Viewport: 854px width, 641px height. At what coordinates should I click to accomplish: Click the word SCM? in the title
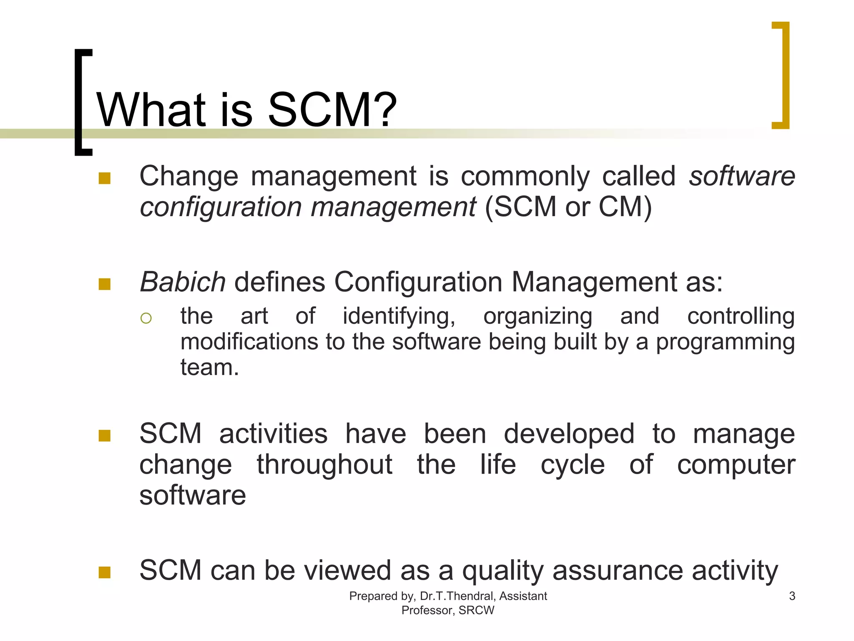click(332, 110)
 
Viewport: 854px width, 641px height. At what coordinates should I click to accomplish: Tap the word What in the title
click(151, 110)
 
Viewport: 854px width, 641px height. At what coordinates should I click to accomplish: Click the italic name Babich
click(183, 282)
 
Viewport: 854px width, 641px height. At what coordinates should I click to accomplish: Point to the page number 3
click(792, 596)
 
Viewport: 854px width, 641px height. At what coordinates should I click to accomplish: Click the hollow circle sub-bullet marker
click(146, 318)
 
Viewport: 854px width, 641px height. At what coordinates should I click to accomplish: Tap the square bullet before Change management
click(104, 179)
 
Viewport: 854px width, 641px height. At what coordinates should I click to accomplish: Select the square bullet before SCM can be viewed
click(104, 572)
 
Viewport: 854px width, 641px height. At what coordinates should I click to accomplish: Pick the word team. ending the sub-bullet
click(209, 368)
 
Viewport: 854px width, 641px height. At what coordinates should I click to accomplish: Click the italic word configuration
click(221, 207)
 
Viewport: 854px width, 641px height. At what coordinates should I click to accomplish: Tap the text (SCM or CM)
click(568, 207)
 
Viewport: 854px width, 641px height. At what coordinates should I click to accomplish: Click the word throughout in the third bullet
click(324, 465)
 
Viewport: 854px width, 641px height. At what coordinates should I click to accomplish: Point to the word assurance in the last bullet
click(618, 571)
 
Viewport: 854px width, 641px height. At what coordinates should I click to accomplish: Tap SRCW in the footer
click(476, 610)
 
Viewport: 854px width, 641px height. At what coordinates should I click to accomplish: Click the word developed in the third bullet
click(569, 434)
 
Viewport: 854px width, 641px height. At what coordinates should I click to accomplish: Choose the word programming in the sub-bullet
click(725, 342)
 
